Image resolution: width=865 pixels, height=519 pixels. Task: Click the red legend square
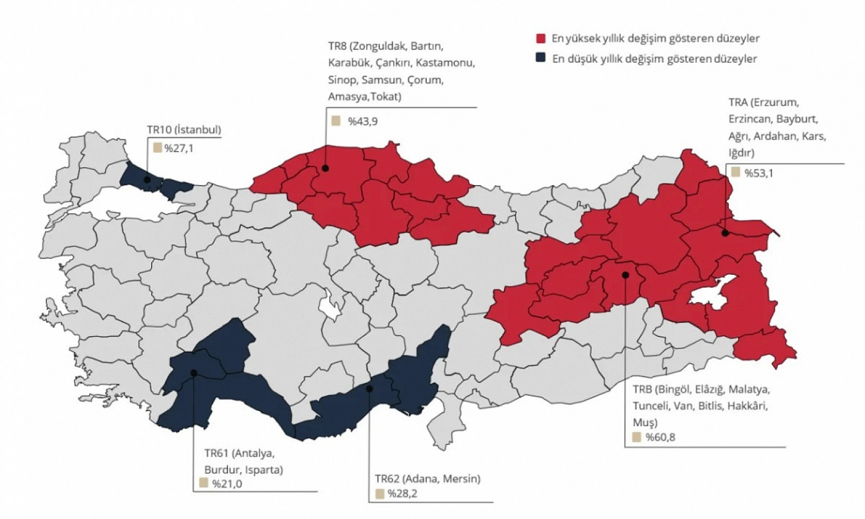click(540, 39)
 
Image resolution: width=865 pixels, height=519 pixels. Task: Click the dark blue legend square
click(540, 58)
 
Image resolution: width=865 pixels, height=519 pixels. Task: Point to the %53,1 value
click(759, 173)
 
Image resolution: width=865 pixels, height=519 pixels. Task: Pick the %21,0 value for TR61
click(227, 484)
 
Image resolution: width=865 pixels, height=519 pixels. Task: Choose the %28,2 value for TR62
click(403, 494)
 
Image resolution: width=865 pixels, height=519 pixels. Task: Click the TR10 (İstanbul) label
click(184, 130)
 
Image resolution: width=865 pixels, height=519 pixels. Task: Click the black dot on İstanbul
click(148, 180)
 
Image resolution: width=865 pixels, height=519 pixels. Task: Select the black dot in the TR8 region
click(325, 168)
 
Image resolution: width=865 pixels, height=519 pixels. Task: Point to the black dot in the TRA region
click(725, 233)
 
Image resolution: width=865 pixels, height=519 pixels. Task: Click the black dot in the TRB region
click(625, 275)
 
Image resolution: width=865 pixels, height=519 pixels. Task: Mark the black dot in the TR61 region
click(194, 373)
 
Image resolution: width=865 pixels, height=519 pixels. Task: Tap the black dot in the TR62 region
click(369, 389)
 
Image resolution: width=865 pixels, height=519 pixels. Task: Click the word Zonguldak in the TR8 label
click(377, 46)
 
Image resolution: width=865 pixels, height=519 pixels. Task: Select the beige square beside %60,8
click(637, 438)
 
